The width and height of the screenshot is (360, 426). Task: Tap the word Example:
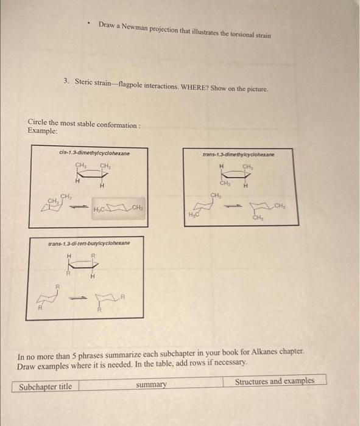(43, 131)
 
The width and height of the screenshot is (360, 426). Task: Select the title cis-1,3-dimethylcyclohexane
(94, 153)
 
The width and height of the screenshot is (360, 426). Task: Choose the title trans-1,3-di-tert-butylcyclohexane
(89, 243)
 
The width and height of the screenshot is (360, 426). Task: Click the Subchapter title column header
(46, 386)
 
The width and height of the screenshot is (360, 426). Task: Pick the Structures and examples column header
(275, 381)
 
